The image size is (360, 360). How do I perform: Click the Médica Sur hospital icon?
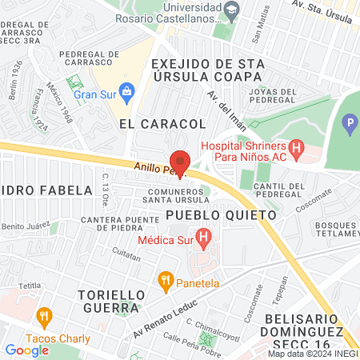(x=203, y=238)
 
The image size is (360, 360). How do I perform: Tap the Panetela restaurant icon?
(x=166, y=279)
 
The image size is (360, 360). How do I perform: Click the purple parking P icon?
(x=349, y=125)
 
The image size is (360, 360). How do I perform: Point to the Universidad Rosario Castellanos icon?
(x=232, y=11)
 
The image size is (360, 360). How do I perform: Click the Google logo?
(x=26, y=350)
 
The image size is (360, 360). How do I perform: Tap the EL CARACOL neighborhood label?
(x=162, y=124)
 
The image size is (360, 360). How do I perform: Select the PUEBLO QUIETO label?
(x=222, y=215)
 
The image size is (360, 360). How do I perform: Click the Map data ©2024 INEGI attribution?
(x=312, y=354)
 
